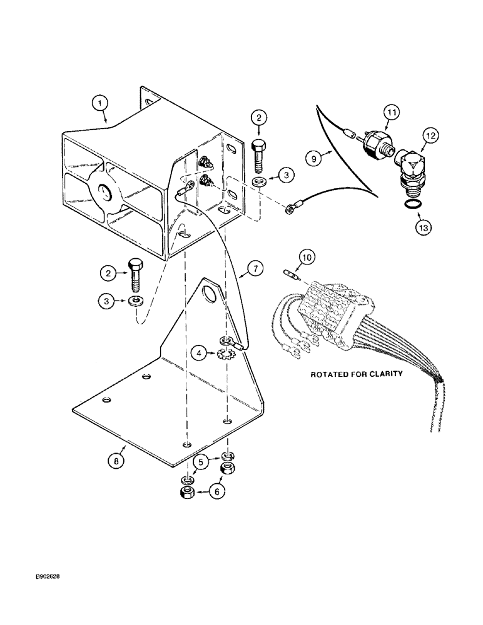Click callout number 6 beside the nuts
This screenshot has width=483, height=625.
[x=217, y=492]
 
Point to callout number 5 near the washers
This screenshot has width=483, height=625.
[x=201, y=463]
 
